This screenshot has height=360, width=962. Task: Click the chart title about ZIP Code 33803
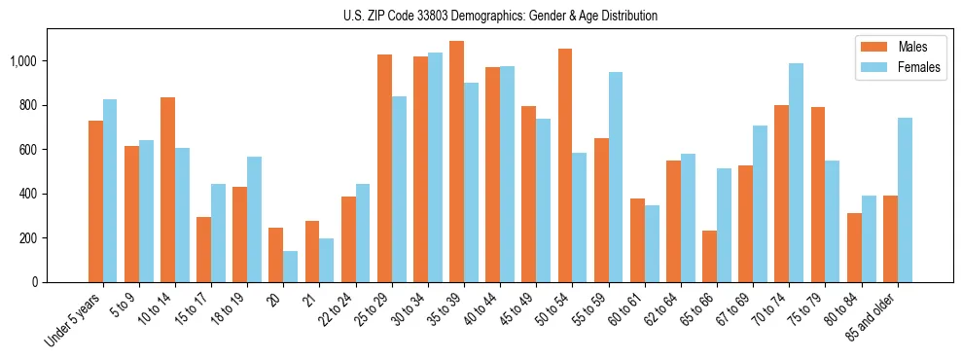(x=500, y=16)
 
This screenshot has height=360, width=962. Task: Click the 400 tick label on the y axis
(x=29, y=194)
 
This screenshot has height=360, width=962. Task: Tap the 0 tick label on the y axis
(x=36, y=282)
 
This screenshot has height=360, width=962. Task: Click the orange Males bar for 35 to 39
(x=457, y=162)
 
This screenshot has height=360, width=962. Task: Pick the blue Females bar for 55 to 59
(x=616, y=177)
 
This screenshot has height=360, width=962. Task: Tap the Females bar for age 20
(x=291, y=267)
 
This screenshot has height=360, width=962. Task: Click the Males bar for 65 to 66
(x=710, y=256)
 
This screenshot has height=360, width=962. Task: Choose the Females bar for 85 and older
(x=905, y=199)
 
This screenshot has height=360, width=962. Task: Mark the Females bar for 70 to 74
(x=797, y=172)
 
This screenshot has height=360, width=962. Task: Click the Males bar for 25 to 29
(x=384, y=168)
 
